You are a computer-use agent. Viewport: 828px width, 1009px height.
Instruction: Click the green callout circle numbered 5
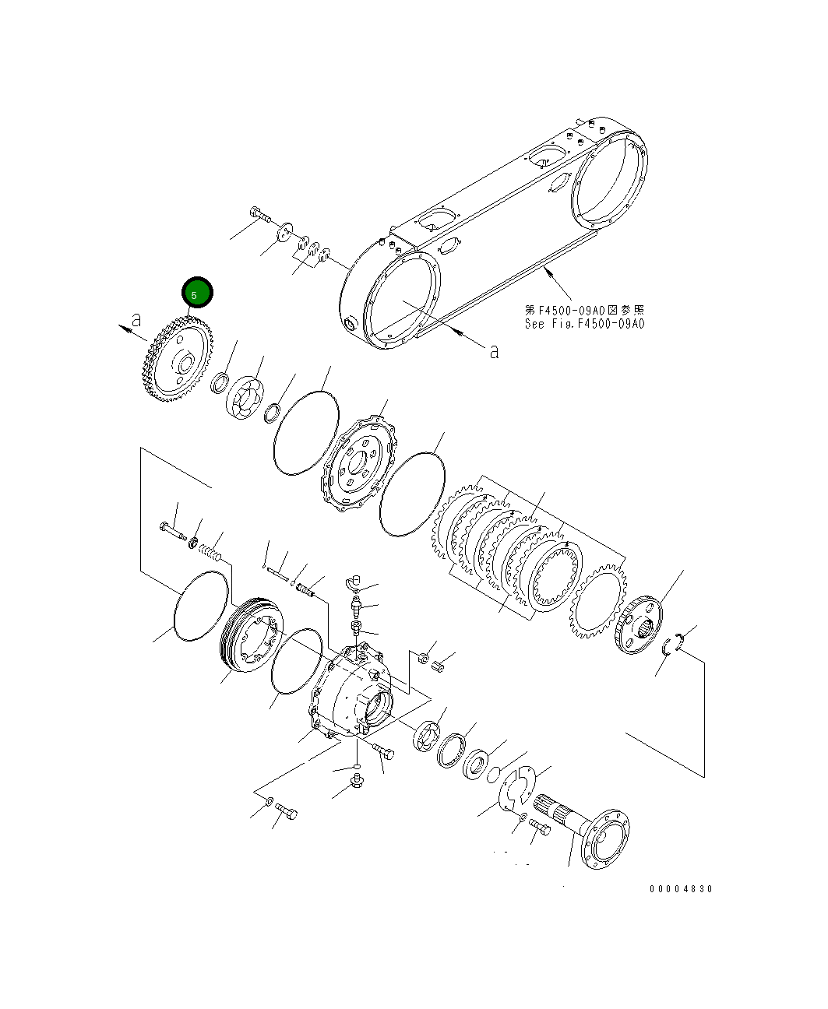point(196,294)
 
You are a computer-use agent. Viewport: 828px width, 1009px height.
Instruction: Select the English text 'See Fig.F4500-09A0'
point(584,324)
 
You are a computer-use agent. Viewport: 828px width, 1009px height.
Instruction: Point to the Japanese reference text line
point(584,310)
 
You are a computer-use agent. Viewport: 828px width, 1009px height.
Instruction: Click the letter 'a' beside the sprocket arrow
point(136,319)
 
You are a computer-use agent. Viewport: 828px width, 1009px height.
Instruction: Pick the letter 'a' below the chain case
point(493,351)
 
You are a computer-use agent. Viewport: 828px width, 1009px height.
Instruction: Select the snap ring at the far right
point(675,642)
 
